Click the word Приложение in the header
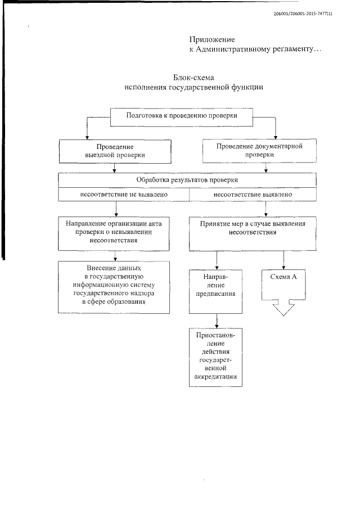(x=212, y=40)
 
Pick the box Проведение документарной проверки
(x=259, y=151)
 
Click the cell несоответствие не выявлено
(x=123, y=195)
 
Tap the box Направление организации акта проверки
(x=115, y=232)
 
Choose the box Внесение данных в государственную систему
(x=115, y=286)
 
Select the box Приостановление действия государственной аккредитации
(x=215, y=357)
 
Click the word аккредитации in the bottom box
(x=215, y=377)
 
